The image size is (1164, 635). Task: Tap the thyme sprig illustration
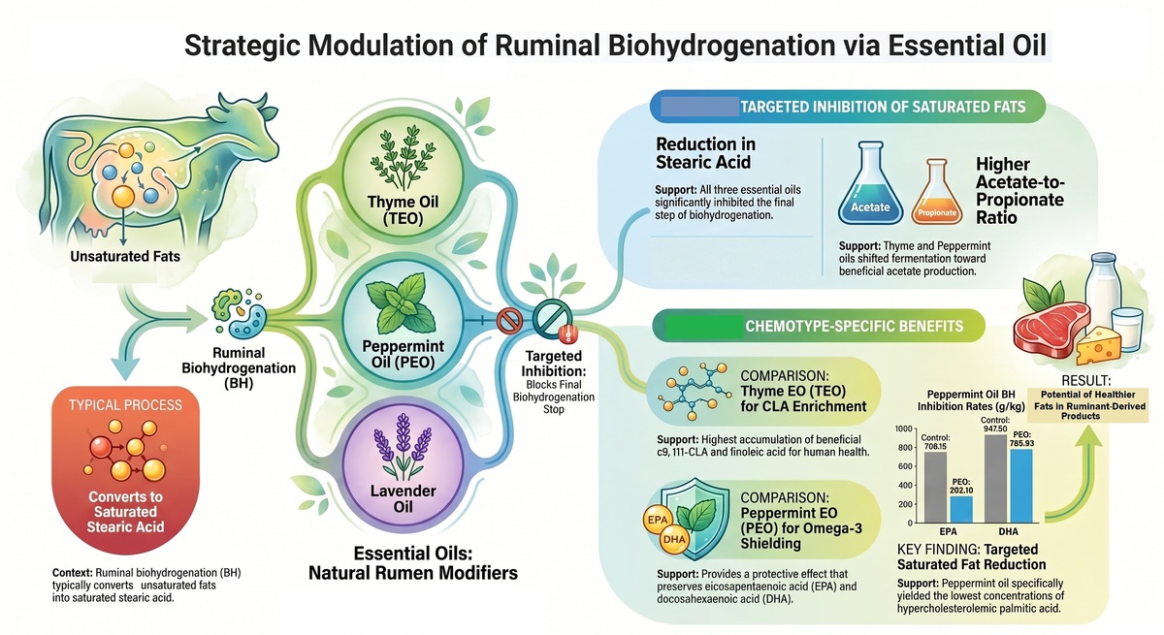click(x=403, y=157)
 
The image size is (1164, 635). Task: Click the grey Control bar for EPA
click(x=935, y=487)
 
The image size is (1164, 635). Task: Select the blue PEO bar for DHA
click(x=1021, y=486)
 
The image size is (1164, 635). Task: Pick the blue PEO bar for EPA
click(x=961, y=509)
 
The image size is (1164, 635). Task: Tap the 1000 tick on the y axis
click(x=904, y=429)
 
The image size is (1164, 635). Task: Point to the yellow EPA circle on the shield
click(x=658, y=520)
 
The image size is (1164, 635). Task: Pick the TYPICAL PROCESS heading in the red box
click(x=126, y=405)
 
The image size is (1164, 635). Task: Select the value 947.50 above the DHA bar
click(x=995, y=429)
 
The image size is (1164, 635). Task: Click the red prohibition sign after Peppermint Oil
click(x=509, y=320)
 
